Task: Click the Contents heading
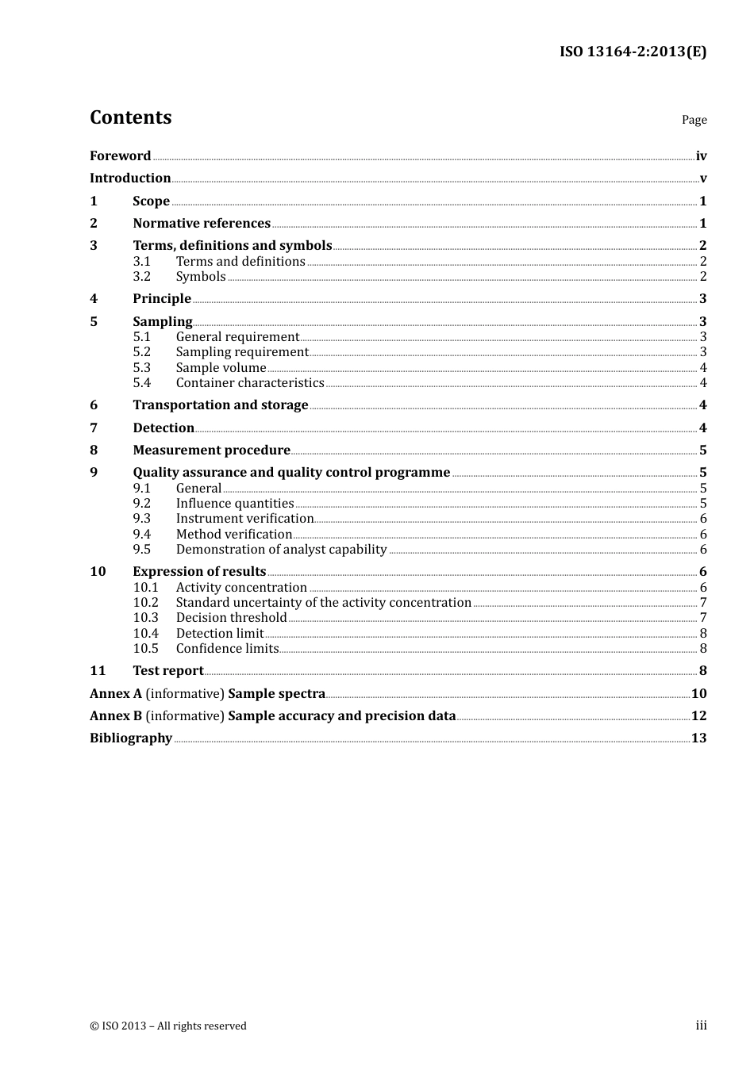(131, 117)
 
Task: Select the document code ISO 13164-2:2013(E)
(633, 52)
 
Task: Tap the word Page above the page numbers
(694, 120)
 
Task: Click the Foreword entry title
(120, 156)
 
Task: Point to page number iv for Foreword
(701, 156)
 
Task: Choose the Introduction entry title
(130, 178)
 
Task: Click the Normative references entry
(202, 224)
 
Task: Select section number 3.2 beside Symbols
(141, 277)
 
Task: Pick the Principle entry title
(162, 299)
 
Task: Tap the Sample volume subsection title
(221, 368)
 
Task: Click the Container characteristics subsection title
(250, 383)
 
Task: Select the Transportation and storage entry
(220, 405)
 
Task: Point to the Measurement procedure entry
(211, 451)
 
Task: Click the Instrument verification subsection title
(244, 519)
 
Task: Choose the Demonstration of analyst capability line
(281, 550)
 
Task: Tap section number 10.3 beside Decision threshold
(145, 618)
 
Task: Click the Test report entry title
(167, 671)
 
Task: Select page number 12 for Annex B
(698, 716)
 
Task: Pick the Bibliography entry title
(131, 738)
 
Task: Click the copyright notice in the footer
(168, 1026)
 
